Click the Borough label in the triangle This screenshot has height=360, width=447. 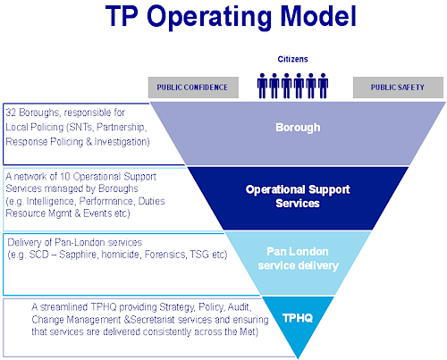pyautogui.click(x=297, y=128)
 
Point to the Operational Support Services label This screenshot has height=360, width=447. pyautogui.click(x=297, y=197)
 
